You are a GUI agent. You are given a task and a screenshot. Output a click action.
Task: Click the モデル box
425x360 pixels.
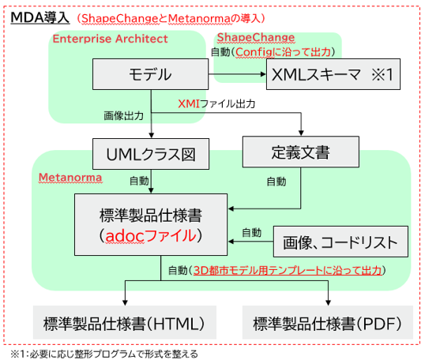point(150,74)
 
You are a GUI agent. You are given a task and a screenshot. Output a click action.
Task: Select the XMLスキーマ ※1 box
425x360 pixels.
point(333,74)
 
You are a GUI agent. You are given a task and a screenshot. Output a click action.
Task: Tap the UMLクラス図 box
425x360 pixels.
point(151,154)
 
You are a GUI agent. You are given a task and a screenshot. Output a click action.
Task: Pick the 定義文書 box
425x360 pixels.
point(301,152)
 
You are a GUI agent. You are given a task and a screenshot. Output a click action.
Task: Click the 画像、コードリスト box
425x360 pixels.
point(340,242)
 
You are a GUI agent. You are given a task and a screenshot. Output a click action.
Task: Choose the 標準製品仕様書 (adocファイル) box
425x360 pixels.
point(151,224)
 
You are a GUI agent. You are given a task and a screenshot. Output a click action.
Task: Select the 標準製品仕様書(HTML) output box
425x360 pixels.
point(125,322)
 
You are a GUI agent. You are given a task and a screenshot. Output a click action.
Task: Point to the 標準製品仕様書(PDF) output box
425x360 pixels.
point(328,322)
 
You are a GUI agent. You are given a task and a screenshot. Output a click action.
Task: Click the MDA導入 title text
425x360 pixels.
point(40,18)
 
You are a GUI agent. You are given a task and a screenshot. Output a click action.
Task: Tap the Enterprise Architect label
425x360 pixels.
point(110,39)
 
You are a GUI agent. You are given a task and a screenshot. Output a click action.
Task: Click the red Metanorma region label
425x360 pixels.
point(70,178)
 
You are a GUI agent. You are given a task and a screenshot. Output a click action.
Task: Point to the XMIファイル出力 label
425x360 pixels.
point(216,103)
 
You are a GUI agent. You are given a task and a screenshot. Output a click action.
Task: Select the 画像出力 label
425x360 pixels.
point(123,116)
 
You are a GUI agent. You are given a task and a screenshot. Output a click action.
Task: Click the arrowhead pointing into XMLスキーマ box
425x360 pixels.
point(263,74)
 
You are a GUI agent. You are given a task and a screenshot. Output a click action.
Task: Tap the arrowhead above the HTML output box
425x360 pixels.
point(125,302)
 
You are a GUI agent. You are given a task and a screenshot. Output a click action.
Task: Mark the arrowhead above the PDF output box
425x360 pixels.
point(328,302)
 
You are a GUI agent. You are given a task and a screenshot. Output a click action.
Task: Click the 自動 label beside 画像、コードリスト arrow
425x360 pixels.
point(252,233)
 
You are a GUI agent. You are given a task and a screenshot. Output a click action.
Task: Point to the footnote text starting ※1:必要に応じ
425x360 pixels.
point(104,354)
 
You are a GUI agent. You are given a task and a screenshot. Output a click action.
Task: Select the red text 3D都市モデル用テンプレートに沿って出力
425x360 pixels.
point(288,270)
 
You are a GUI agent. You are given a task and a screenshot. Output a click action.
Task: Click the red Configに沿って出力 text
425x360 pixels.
point(284,52)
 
